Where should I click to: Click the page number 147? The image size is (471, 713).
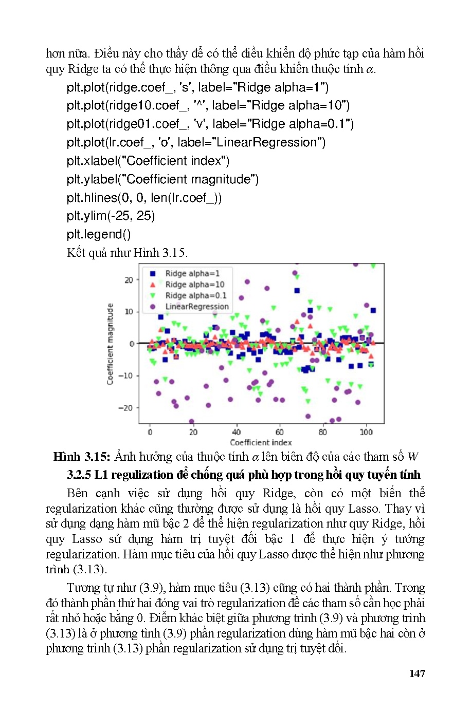[417, 673]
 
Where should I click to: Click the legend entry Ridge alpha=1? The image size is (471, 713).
[192, 273]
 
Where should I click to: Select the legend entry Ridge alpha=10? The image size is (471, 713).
[194, 285]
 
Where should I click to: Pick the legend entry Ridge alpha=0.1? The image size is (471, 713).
[195, 295]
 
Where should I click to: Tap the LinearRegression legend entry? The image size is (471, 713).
[196, 307]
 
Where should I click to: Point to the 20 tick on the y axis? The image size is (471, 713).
[129, 280]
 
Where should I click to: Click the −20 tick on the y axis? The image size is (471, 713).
[126, 408]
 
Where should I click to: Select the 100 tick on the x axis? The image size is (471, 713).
[366, 432]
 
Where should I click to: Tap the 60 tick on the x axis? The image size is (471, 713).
[280, 432]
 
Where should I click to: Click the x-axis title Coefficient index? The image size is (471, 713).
[261, 442]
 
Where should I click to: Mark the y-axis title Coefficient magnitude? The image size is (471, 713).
[110, 344]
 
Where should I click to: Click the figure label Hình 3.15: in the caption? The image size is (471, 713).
[81, 457]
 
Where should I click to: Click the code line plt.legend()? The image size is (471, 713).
[99, 234]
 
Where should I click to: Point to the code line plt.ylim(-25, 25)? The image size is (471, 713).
[111, 216]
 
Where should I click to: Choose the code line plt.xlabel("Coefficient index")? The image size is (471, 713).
[148, 161]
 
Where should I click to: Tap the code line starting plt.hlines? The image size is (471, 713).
[144, 198]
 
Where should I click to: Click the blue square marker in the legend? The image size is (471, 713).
[152, 273]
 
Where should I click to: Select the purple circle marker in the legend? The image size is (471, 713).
[152, 307]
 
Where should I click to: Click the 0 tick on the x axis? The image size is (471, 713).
[150, 432]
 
